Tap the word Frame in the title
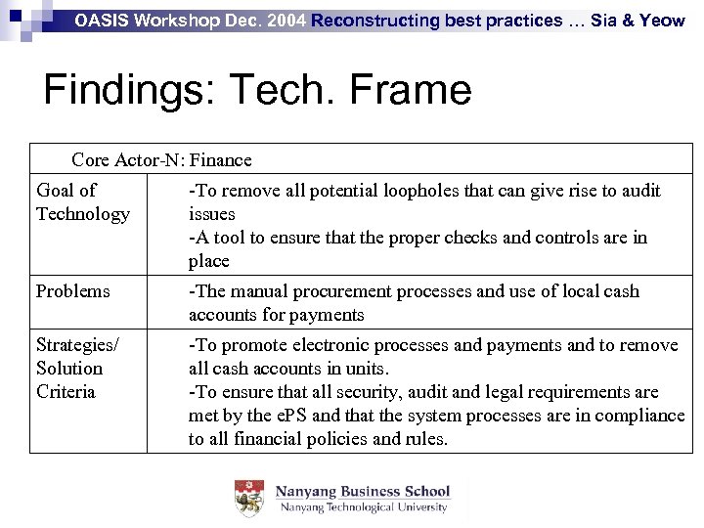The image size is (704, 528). (412, 91)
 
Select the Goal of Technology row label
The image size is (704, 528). (82, 202)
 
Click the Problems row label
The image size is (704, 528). (73, 291)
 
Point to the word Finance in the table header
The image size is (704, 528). (222, 160)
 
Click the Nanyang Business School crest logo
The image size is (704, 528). (249, 498)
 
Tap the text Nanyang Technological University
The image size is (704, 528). (364, 507)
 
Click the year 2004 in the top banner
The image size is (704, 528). (285, 20)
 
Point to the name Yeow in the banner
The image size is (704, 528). (662, 20)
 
